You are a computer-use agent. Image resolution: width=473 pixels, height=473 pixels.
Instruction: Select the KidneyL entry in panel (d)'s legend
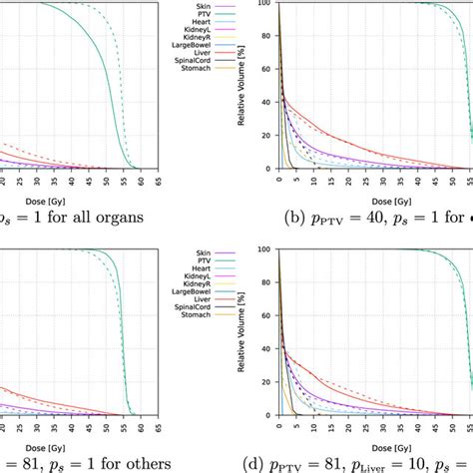tap(219, 278)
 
